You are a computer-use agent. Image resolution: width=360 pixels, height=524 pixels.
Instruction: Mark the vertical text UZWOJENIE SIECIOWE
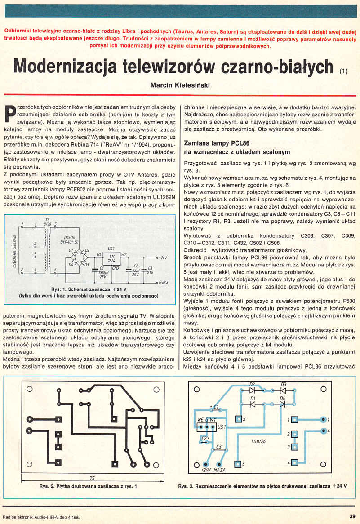point(15,253)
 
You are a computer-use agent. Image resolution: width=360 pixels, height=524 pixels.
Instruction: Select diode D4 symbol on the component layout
point(283,404)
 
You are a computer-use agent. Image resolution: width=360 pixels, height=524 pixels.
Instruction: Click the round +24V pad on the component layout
point(206,463)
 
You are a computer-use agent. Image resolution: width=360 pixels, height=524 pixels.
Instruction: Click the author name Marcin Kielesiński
point(180,84)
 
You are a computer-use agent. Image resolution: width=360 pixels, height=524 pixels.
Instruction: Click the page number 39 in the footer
point(352,515)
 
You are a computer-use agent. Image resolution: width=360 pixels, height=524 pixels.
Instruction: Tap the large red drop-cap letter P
point(10,114)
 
